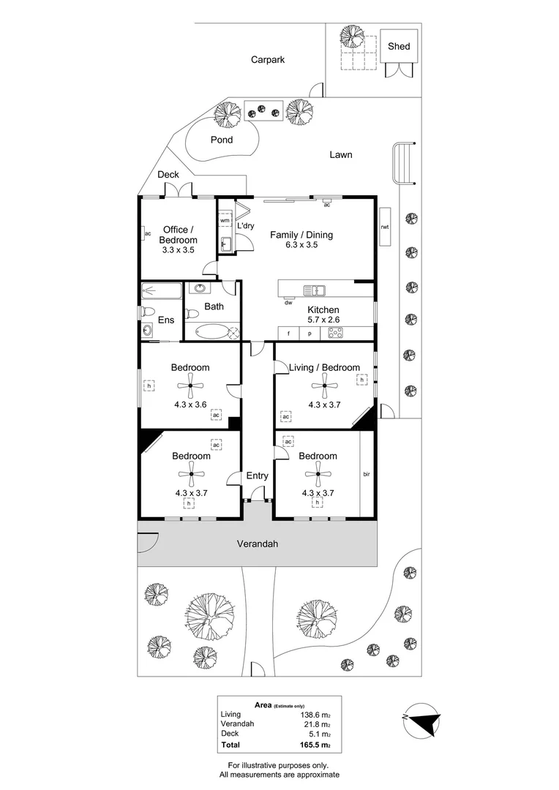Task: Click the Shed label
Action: point(399,46)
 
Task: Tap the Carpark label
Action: point(268,59)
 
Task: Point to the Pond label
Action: point(222,140)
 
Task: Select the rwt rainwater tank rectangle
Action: point(385,227)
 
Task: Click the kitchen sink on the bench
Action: point(315,290)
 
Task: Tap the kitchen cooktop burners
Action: point(336,333)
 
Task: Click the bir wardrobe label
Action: point(367,474)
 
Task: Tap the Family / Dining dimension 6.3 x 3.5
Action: point(301,245)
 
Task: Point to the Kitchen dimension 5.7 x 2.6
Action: point(323,320)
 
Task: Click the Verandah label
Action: point(258,543)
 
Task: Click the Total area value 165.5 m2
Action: point(315,745)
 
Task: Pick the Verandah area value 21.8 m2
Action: point(316,724)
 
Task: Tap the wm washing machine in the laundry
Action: point(225,221)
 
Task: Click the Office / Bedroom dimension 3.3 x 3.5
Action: point(178,250)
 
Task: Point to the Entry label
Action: point(257,475)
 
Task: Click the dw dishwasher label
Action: point(288,303)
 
